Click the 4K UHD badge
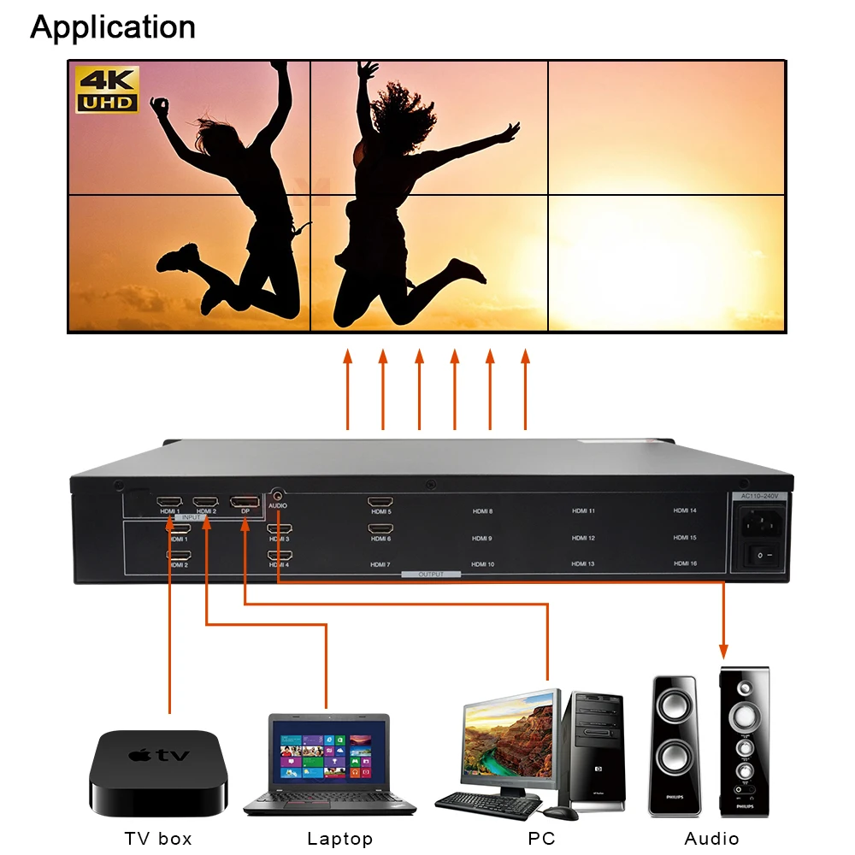click(107, 90)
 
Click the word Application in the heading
click(113, 27)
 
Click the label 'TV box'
click(158, 839)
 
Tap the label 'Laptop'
click(339, 839)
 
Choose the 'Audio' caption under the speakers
click(711, 839)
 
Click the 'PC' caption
click(541, 839)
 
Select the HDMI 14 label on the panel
click(685, 510)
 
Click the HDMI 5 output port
click(380, 502)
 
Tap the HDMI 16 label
click(685, 563)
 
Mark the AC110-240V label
click(758, 496)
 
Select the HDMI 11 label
click(583, 510)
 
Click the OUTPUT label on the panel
click(431, 575)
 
